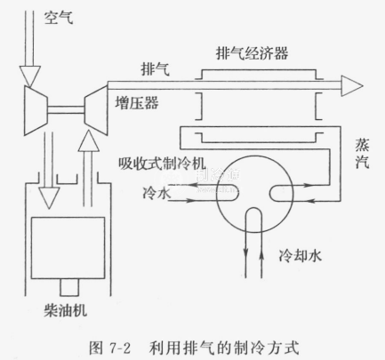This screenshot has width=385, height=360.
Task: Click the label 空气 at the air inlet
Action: click(59, 18)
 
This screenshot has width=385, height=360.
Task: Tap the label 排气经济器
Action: click(252, 53)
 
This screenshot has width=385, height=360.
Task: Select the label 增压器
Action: click(137, 103)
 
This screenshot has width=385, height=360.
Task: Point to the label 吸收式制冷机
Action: click(162, 163)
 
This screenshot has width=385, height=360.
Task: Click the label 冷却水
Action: click(301, 255)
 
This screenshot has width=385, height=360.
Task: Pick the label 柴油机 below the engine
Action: click(66, 311)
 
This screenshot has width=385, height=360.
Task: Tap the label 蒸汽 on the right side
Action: click(362, 154)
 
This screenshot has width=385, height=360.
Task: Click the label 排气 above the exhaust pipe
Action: click(156, 69)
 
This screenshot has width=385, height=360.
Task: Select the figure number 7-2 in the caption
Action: click(120, 348)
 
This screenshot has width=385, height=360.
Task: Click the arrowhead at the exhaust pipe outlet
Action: click(352, 86)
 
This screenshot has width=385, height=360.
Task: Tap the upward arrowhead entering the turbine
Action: click(88, 141)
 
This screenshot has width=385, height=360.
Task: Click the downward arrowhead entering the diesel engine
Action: click(50, 198)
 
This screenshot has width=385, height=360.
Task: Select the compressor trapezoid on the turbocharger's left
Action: click(36, 110)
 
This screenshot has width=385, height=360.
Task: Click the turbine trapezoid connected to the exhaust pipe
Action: click(96, 110)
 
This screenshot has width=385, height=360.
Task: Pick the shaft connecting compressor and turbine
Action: click(66, 110)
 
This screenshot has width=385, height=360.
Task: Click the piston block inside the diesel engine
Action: click(68, 248)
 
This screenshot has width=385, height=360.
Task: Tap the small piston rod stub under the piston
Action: click(69, 287)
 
